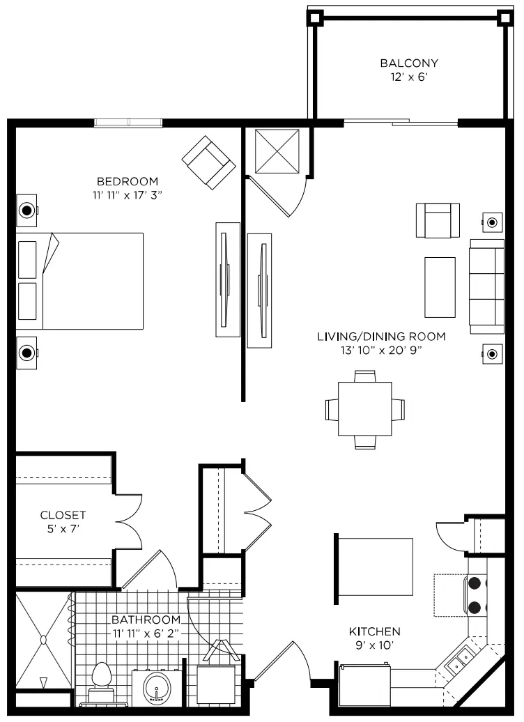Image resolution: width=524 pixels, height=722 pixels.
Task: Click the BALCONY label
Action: tap(409, 63)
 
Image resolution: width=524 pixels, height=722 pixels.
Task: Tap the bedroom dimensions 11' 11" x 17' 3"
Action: tap(128, 195)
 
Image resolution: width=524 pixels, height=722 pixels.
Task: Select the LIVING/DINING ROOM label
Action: tap(381, 337)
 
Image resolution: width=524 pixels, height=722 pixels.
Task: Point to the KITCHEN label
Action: tap(374, 631)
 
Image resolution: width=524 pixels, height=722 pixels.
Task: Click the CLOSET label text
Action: tap(63, 515)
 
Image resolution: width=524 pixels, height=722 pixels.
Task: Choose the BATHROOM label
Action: tap(146, 620)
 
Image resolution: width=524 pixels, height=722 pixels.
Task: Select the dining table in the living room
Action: tap(365, 409)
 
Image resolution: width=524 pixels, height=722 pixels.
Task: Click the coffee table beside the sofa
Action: tap(440, 287)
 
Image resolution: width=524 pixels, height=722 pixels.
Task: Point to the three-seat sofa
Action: tap(486, 286)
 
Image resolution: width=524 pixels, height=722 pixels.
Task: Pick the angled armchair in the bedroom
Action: tap(209, 162)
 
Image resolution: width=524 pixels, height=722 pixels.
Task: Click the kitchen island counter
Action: tap(375, 567)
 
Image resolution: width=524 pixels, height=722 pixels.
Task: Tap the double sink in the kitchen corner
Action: tap(458, 659)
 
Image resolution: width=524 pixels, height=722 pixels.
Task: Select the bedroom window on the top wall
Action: tap(128, 123)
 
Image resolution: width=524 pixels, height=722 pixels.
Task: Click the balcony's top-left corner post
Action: tap(315, 18)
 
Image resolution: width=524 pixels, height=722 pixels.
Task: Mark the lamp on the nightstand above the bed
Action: tap(26, 210)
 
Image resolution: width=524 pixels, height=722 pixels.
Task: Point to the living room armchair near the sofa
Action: tap(438, 220)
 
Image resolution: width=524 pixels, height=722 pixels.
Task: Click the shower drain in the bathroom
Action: tap(43, 640)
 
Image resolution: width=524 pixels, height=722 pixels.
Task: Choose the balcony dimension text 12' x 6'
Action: tap(409, 77)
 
